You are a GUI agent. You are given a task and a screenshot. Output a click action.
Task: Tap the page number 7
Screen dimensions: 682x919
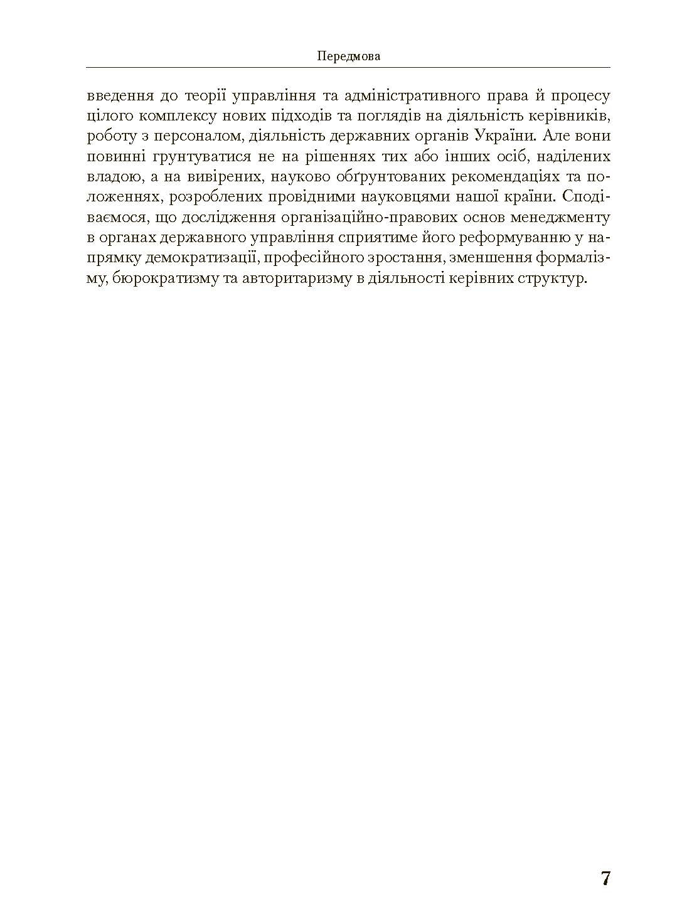(605, 878)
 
